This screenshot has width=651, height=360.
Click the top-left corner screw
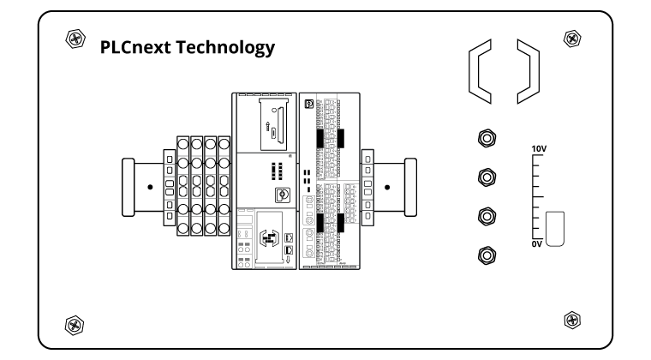(x=75, y=39)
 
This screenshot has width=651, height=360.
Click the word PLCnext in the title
(x=135, y=47)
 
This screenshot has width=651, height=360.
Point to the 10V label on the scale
(x=538, y=149)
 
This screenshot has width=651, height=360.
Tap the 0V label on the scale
(x=537, y=244)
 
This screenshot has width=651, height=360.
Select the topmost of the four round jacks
(x=487, y=138)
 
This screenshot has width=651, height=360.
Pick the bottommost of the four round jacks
(x=487, y=254)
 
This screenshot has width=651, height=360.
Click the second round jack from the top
(x=487, y=177)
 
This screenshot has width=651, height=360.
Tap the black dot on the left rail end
(x=149, y=186)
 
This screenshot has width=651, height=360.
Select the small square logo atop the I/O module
(x=310, y=104)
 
